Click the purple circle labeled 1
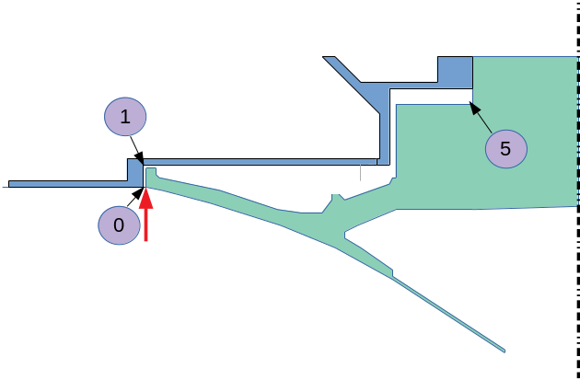point(124,118)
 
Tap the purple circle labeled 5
point(505,147)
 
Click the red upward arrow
point(145,216)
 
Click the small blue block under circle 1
point(135,171)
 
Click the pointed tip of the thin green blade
point(505,351)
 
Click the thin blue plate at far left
point(64,182)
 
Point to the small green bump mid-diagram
point(338,196)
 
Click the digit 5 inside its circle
point(505,147)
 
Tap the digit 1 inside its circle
point(124,118)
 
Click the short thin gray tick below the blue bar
point(360,172)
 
